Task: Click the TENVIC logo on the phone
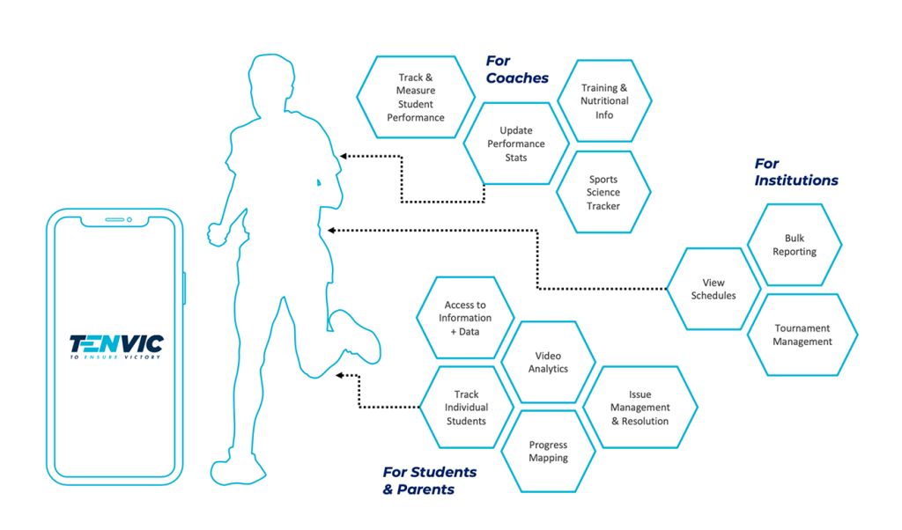point(116,347)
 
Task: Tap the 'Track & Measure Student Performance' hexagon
point(416,97)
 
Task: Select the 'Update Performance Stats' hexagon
point(516,144)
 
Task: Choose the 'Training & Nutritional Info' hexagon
point(604,100)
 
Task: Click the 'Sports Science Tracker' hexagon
point(603,192)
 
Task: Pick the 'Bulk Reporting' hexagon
point(795,244)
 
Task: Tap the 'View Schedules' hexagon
point(713,289)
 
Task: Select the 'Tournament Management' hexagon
point(802,335)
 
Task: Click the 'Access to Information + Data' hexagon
point(465,318)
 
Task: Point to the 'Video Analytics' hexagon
point(548,362)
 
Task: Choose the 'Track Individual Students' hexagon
point(466,407)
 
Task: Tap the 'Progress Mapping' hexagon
point(548,452)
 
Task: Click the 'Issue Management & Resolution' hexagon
point(640,407)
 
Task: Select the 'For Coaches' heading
point(517,69)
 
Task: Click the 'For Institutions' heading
point(796,172)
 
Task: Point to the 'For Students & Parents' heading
point(430,481)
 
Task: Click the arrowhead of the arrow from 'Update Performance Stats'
point(344,156)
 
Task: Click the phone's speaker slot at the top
point(115,219)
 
